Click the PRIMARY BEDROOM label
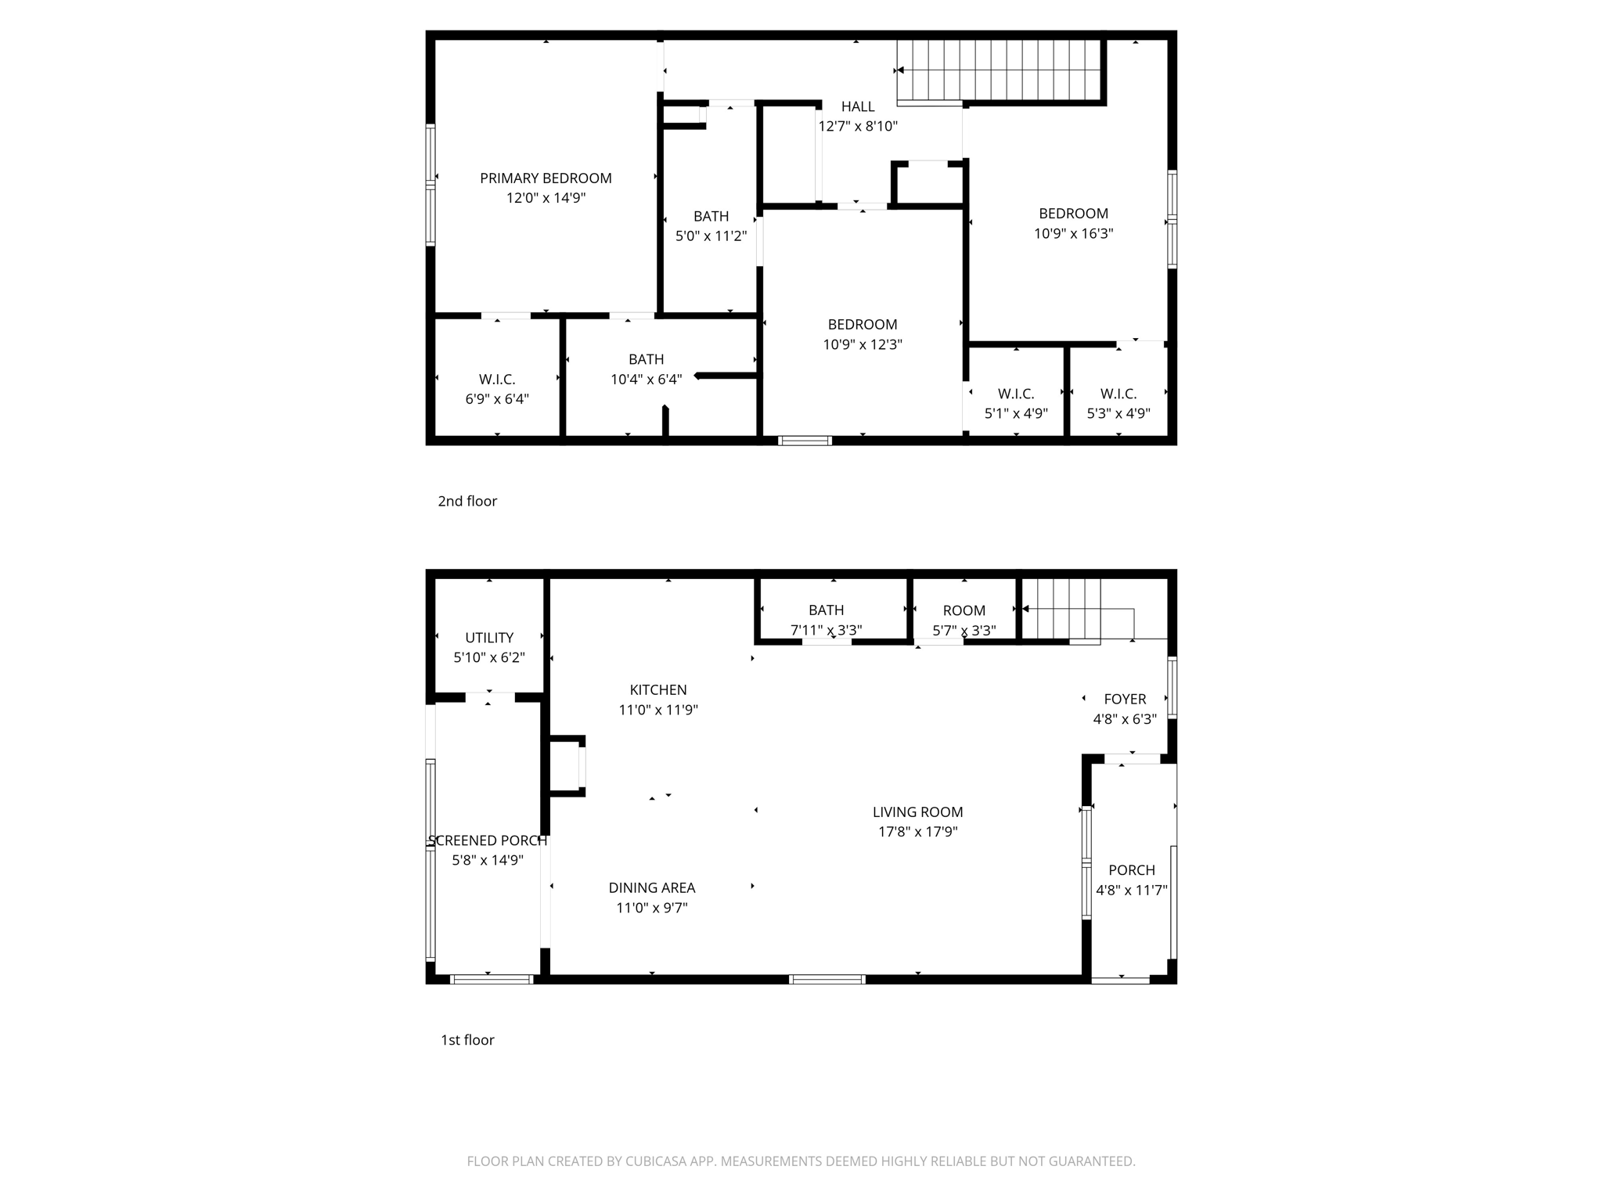coord(546,178)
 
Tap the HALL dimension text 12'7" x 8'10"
coord(858,126)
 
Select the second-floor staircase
coord(1000,70)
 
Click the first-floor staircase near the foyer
coord(1061,609)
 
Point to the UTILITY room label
coord(489,638)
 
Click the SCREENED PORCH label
coord(488,840)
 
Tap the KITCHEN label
coord(658,690)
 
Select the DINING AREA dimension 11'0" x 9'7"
coord(651,908)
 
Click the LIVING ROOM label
coord(917,812)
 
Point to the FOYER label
coord(1125,700)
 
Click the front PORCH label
coord(1132,870)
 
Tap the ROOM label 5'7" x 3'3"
coord(964,611)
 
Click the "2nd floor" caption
coord(467,502)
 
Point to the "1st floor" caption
coord(467,1040)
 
